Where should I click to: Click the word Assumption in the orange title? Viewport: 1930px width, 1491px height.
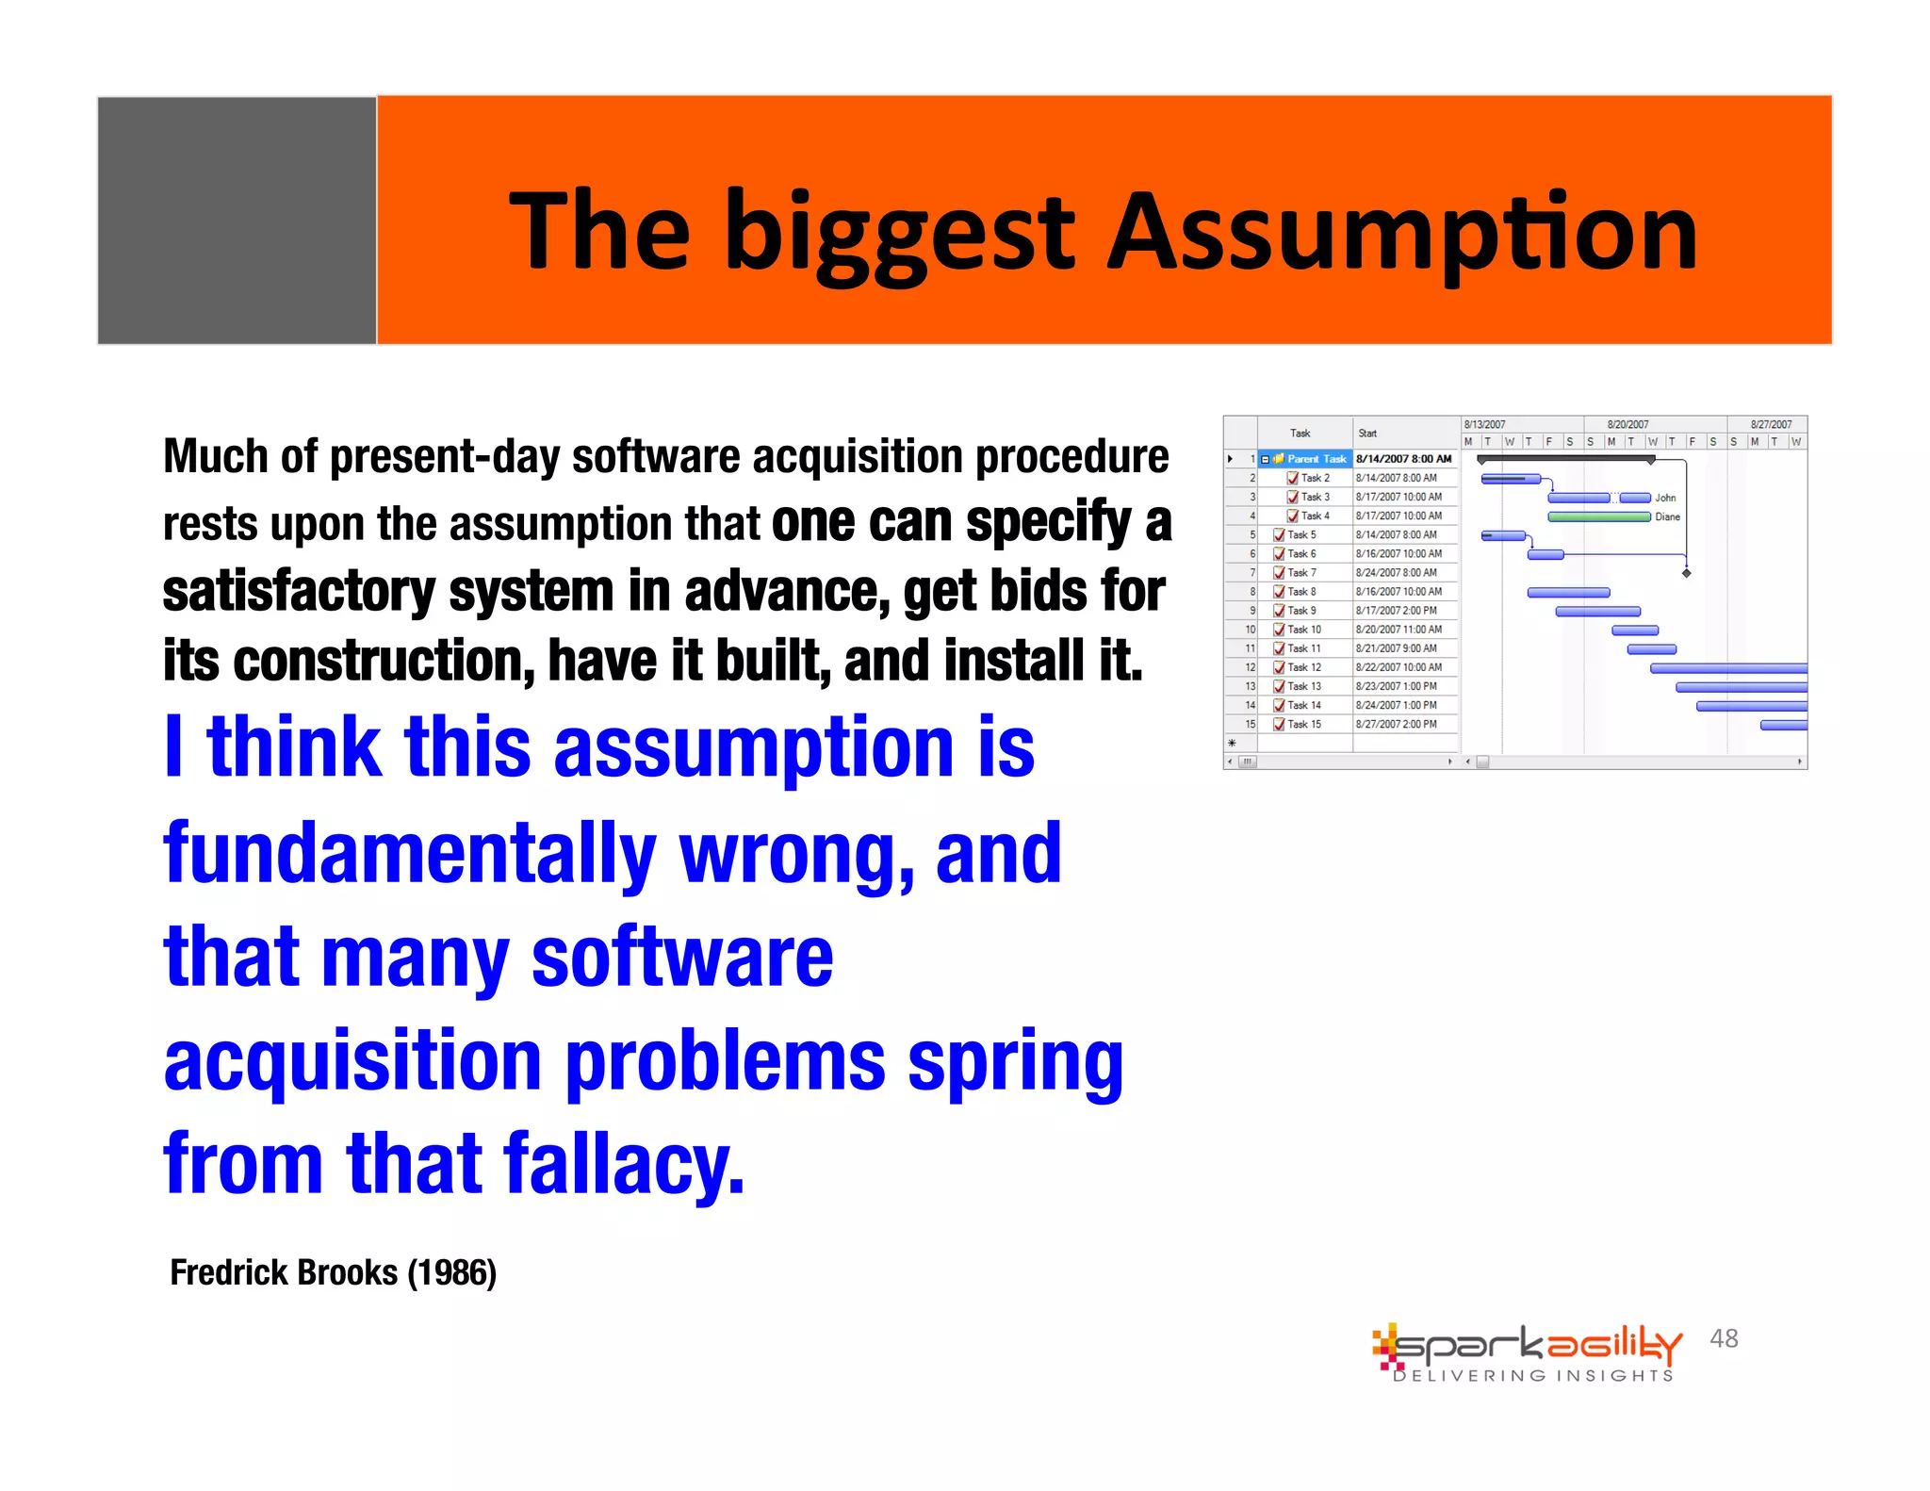[1401, 233]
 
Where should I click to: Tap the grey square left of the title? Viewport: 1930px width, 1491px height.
[237, 221]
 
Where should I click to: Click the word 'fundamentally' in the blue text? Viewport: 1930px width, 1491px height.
[409, 854]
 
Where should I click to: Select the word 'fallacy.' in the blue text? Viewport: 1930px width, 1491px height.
[623, 1165]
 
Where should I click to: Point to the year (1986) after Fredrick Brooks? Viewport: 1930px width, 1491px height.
[451, 1273]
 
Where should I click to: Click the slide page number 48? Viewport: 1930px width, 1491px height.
[1724, 1338]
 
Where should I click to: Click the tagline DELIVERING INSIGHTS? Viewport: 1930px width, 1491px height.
[1533, 1376]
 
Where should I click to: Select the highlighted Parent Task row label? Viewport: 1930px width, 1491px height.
[1317, 459]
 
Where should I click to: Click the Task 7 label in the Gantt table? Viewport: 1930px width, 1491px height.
[1301, 573]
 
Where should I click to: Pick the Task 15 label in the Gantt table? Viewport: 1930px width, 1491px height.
[1304, 725]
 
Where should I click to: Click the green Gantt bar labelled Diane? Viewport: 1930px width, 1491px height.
[1599, 516]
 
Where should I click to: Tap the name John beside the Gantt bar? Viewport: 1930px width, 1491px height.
[1665, 498]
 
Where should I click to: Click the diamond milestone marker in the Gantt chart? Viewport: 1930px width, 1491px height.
[1686, 573]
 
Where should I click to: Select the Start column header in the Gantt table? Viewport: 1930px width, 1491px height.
[1367, 434]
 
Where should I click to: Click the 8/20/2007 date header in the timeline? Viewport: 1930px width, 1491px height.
[1627, 424]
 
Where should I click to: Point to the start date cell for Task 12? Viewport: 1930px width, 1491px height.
[1398, 667]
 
